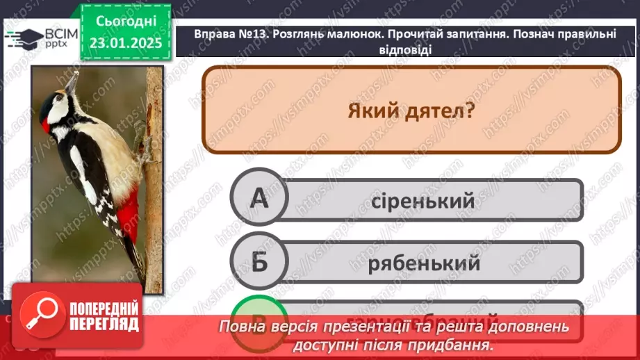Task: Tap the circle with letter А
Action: pos(259,200)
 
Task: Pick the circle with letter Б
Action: pos(259,262)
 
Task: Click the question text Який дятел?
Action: pos(411,110)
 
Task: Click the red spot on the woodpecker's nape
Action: pos(46,126)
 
